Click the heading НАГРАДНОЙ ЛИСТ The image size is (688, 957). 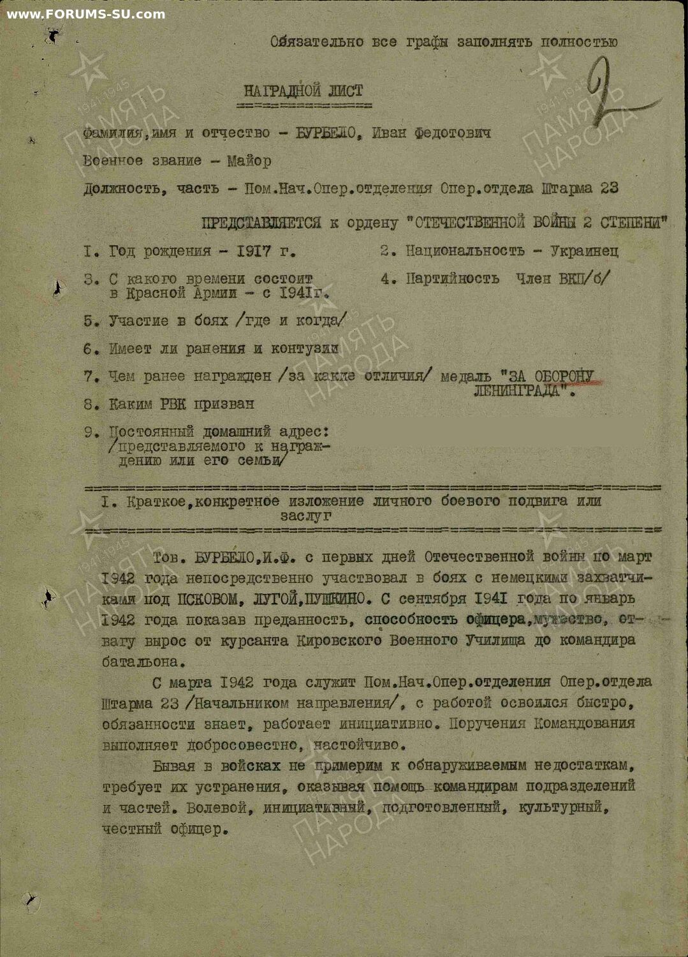(304, 91)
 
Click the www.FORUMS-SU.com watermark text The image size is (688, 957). (86, 14)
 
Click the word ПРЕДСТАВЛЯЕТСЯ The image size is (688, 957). (261, 223)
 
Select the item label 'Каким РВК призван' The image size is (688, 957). (181, 404)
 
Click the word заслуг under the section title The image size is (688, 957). (306, 516)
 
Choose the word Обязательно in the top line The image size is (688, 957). (307, 42)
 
